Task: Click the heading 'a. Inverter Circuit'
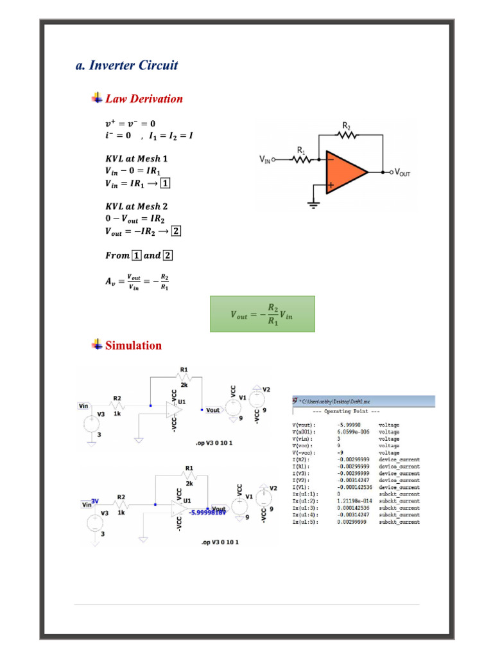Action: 126,66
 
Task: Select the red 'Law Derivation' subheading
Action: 144,99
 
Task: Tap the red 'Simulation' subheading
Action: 134,346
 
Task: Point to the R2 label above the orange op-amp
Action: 347,126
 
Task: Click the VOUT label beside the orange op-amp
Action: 404,172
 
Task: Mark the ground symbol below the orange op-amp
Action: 313,204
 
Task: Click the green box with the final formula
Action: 263,314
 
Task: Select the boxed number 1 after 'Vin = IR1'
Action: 166,183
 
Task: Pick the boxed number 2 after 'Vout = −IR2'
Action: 177,231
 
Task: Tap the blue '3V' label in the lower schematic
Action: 94,501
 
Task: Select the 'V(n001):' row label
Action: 304,432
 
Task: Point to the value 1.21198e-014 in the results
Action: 355,501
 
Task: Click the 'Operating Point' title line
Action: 345,411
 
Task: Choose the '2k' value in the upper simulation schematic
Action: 184,384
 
